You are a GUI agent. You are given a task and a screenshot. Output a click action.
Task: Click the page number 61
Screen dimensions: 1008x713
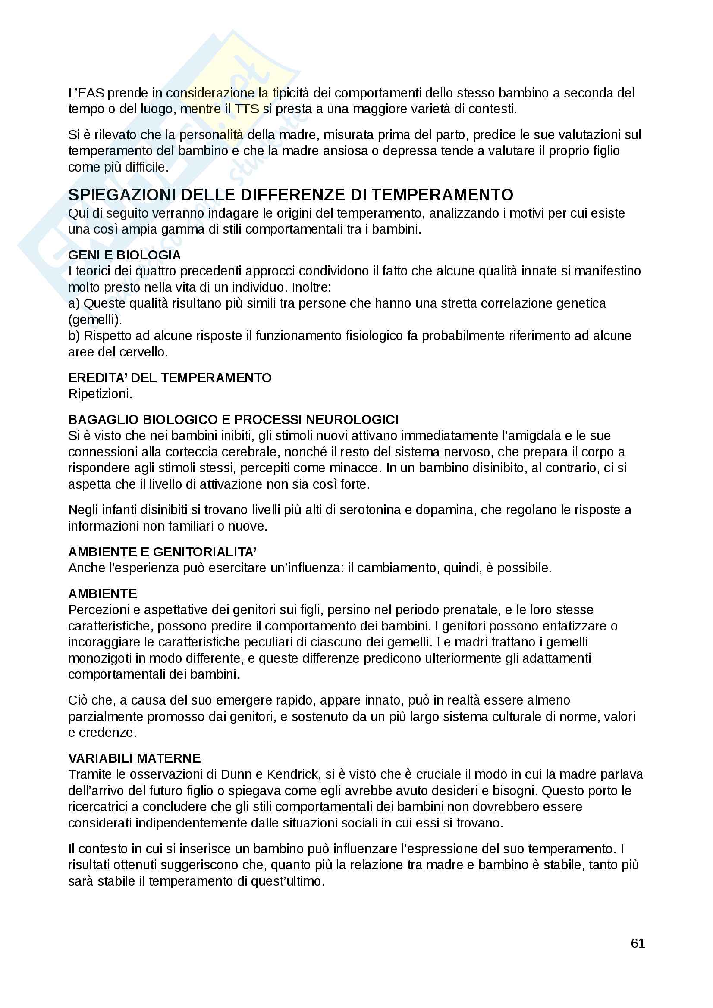click(x=638, y=943)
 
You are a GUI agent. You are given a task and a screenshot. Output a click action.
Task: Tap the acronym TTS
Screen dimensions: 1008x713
click(x=247, y=109)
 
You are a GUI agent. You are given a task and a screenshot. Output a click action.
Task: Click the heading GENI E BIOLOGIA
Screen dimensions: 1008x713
click(x=124, y=255)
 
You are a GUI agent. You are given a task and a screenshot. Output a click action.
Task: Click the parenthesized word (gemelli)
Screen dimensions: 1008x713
click(x=95, y=320)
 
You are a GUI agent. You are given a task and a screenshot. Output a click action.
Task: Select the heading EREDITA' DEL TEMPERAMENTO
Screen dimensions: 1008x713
click(x=170, y=378)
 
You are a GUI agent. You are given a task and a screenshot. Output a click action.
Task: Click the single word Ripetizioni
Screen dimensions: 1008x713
click(x=100, y=394)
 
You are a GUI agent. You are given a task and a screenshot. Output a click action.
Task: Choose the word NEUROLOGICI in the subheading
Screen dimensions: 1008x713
click(x=352, y=420)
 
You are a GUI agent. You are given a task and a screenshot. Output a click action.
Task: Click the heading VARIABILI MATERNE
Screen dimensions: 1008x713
click(x=135, y=758)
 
